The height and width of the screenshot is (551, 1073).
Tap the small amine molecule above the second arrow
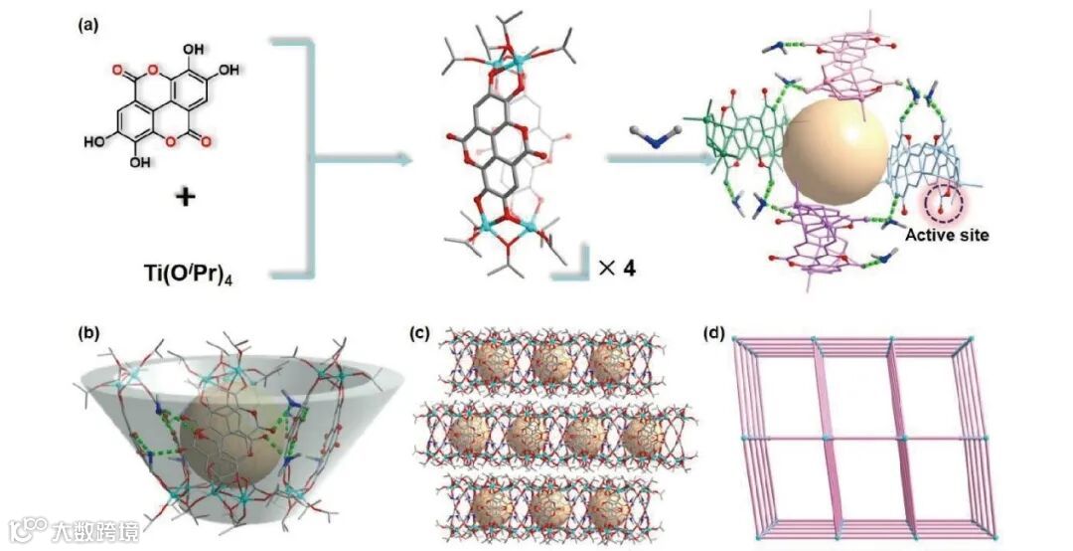pyautogui.click(x=650, y=137)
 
